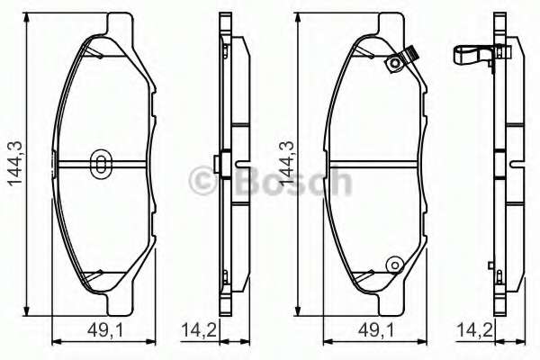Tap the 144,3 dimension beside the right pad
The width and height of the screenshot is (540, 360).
coord(285,162)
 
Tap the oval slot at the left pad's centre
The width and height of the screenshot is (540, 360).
coord(101,163)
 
